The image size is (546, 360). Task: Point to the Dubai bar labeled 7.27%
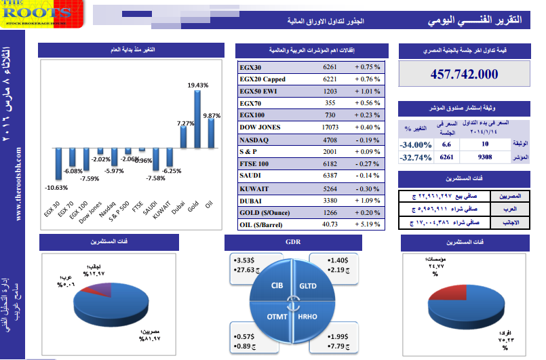183,138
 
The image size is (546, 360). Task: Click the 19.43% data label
197,85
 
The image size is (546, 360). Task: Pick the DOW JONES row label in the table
260,127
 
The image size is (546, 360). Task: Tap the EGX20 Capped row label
262,79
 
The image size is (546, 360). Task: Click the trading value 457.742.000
464,74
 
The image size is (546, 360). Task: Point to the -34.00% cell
415,144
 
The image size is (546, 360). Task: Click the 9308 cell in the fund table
484,157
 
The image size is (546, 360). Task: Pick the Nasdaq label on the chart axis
106,210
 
